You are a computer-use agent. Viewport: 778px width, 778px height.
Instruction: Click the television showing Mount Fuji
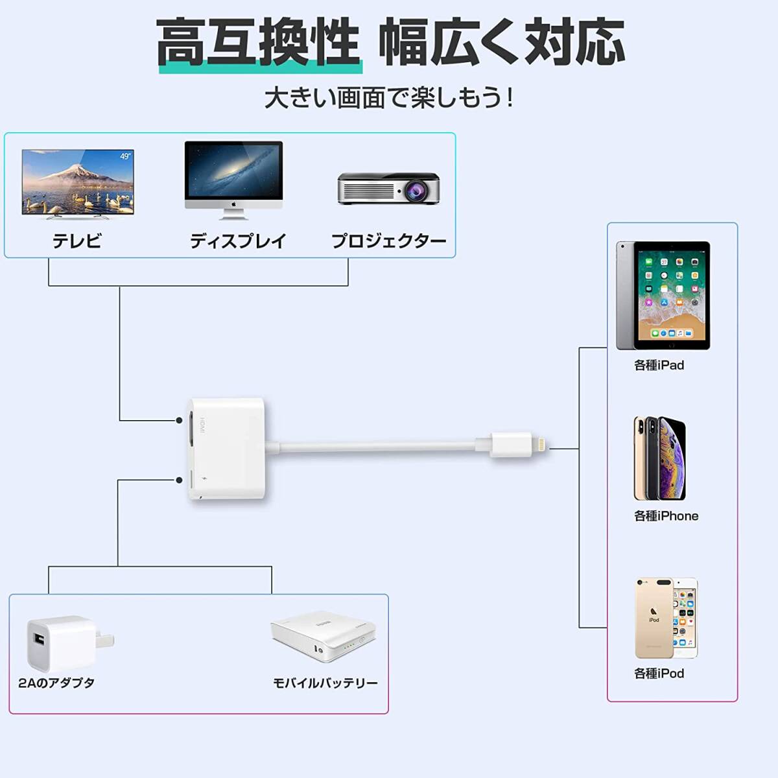point(78,182)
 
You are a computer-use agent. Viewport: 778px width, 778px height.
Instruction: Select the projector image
point(388,189)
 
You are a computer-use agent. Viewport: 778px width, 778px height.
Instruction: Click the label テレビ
point(77,241)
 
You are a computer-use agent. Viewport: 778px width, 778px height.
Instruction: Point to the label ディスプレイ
point(238,241)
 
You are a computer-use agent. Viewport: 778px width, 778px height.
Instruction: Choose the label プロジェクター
point(388,241)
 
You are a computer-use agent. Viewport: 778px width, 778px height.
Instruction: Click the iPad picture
point(663,296)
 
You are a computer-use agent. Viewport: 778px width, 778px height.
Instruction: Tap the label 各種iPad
point(659,366)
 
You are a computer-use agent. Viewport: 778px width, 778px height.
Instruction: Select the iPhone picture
point(659,458)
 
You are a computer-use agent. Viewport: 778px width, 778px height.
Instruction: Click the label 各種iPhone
point(666,516)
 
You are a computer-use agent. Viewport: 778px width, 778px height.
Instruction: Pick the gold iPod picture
point(665,618)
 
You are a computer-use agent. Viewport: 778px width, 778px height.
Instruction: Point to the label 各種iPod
point(659,674)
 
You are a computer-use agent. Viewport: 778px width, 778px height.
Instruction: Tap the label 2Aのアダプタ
point(56,683)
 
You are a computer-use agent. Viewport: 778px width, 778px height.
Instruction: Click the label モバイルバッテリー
point(325,683)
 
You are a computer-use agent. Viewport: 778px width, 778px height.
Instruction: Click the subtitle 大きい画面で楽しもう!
point(389,99)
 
